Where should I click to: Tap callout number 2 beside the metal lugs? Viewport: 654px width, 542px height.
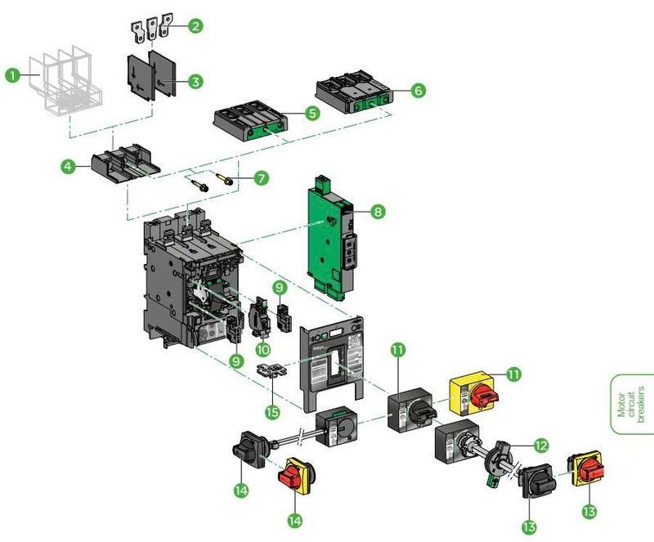(x=195, y=25)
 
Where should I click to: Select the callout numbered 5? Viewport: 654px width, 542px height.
(x=312, y=113)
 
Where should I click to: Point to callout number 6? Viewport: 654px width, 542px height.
(x=417, y=90)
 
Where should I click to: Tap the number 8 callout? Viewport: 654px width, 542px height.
(x=377, y=212)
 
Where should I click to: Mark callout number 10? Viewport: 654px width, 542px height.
(x=263, y=349)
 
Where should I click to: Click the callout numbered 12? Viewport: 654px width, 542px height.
(x=540, y=446)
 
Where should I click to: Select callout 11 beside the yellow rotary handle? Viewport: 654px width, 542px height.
(x=513, y=374)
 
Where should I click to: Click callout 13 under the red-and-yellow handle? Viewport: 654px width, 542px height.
(x=589, y=511)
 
